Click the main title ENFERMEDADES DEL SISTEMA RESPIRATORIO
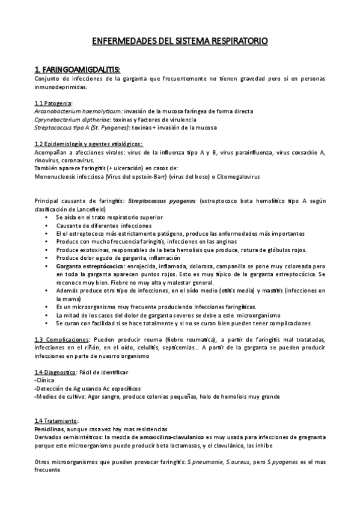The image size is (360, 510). coord(180,41)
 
